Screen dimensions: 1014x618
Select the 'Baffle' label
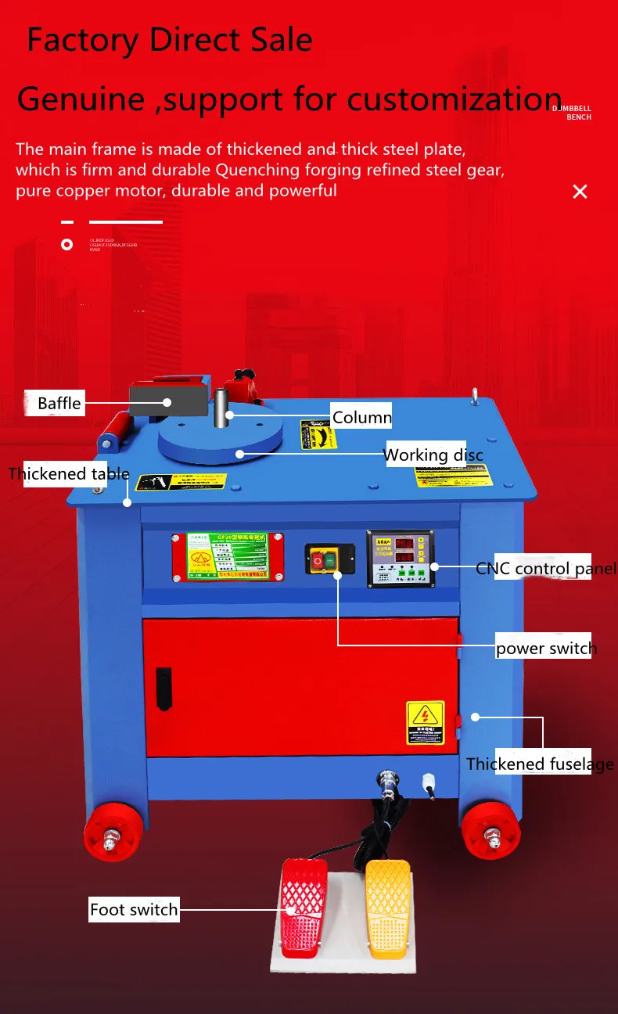tap(59, 404)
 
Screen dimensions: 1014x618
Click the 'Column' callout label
tap(361, 417)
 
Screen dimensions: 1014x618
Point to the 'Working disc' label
tap(433, 455)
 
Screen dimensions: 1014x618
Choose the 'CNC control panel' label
tap(546, 569)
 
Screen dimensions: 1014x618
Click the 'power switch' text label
tap(546, 648)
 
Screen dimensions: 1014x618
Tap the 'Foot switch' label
tap(134, 909)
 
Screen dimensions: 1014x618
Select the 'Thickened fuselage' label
tap(540, 764)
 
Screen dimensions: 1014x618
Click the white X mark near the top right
tap(580, 192)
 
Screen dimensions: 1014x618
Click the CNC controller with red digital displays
tap(400, 559)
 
